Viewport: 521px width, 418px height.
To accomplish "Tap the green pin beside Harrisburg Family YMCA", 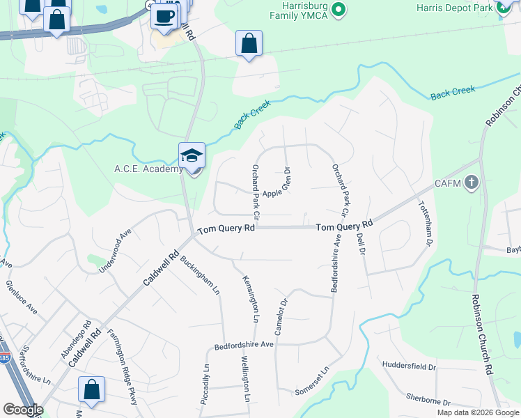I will [x=338, y=9].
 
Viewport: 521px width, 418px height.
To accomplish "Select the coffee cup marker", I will [x=164, y=16].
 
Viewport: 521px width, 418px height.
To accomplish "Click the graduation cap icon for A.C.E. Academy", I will [x=192, y=156].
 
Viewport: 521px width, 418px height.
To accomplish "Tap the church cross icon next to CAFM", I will [x=472, y=184].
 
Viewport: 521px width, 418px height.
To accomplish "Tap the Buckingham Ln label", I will [x=201, y=272].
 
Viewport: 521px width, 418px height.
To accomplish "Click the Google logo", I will [x=22, y=410].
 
